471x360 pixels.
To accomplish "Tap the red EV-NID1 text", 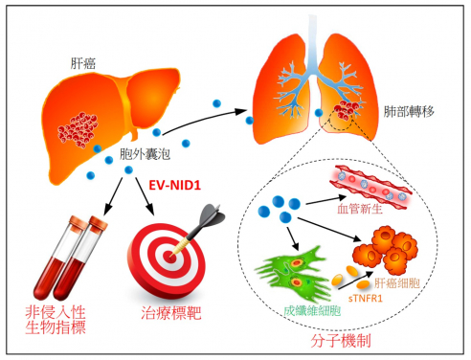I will tap(174, 183).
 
